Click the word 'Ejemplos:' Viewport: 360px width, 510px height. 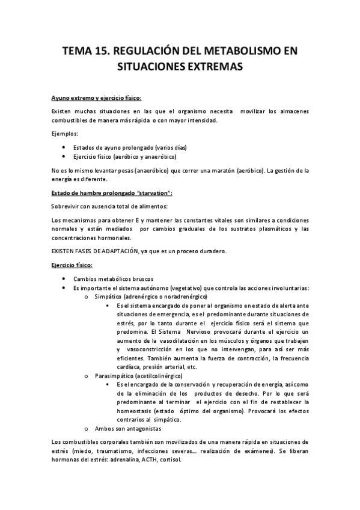tap(66, 133)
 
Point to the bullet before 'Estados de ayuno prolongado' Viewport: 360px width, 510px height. tap(65, 147)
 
